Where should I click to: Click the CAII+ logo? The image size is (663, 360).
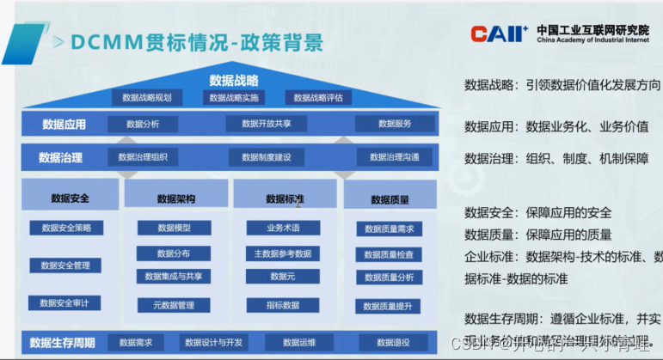pos(499,34)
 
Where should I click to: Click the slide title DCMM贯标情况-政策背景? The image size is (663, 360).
pos(198,41)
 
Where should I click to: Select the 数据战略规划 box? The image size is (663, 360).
pos(153,98)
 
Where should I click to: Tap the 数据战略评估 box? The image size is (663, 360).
pos(318,98)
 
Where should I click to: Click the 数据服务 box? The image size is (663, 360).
pos(395,124)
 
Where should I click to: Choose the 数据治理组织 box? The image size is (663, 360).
pos(143,157)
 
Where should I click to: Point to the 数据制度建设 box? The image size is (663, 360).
pos(267,157)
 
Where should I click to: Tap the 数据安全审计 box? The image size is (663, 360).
pos(64,302)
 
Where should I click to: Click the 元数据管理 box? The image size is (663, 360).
pos(174,304)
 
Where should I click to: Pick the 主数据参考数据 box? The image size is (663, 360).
pos(282,253)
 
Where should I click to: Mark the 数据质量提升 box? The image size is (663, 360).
pos(388,306)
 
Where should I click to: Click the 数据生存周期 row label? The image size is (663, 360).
pos(62,343)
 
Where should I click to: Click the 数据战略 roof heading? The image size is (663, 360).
pos(233,81)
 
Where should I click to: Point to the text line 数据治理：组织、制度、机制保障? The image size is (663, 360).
pos(556,159)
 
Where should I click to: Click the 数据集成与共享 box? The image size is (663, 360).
pos(174,277)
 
